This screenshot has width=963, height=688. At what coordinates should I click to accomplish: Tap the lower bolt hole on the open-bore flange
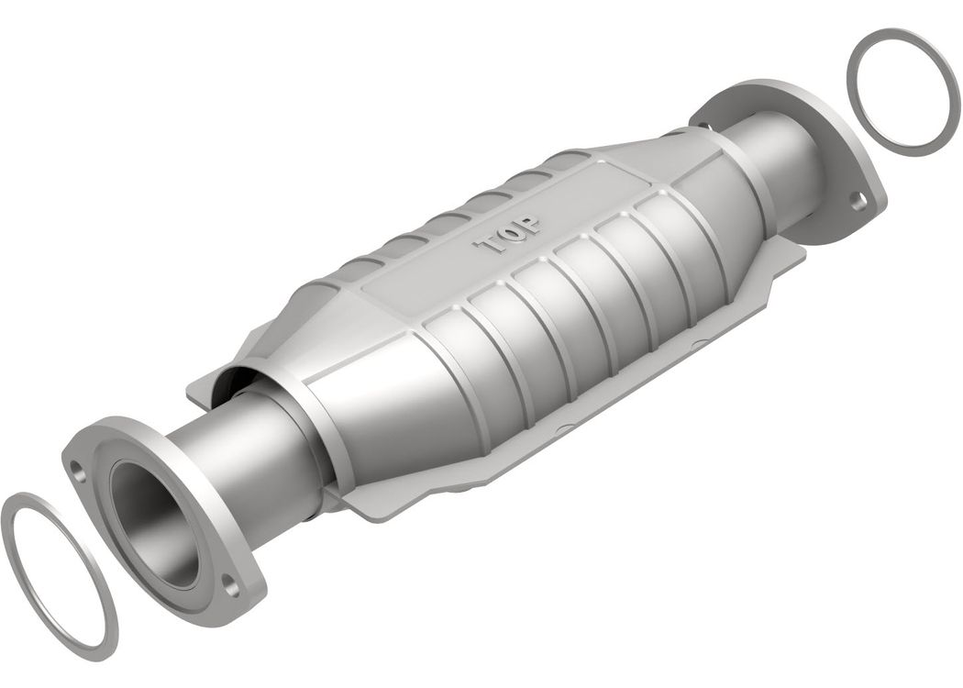pyautogui.click(x=231, y=585)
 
